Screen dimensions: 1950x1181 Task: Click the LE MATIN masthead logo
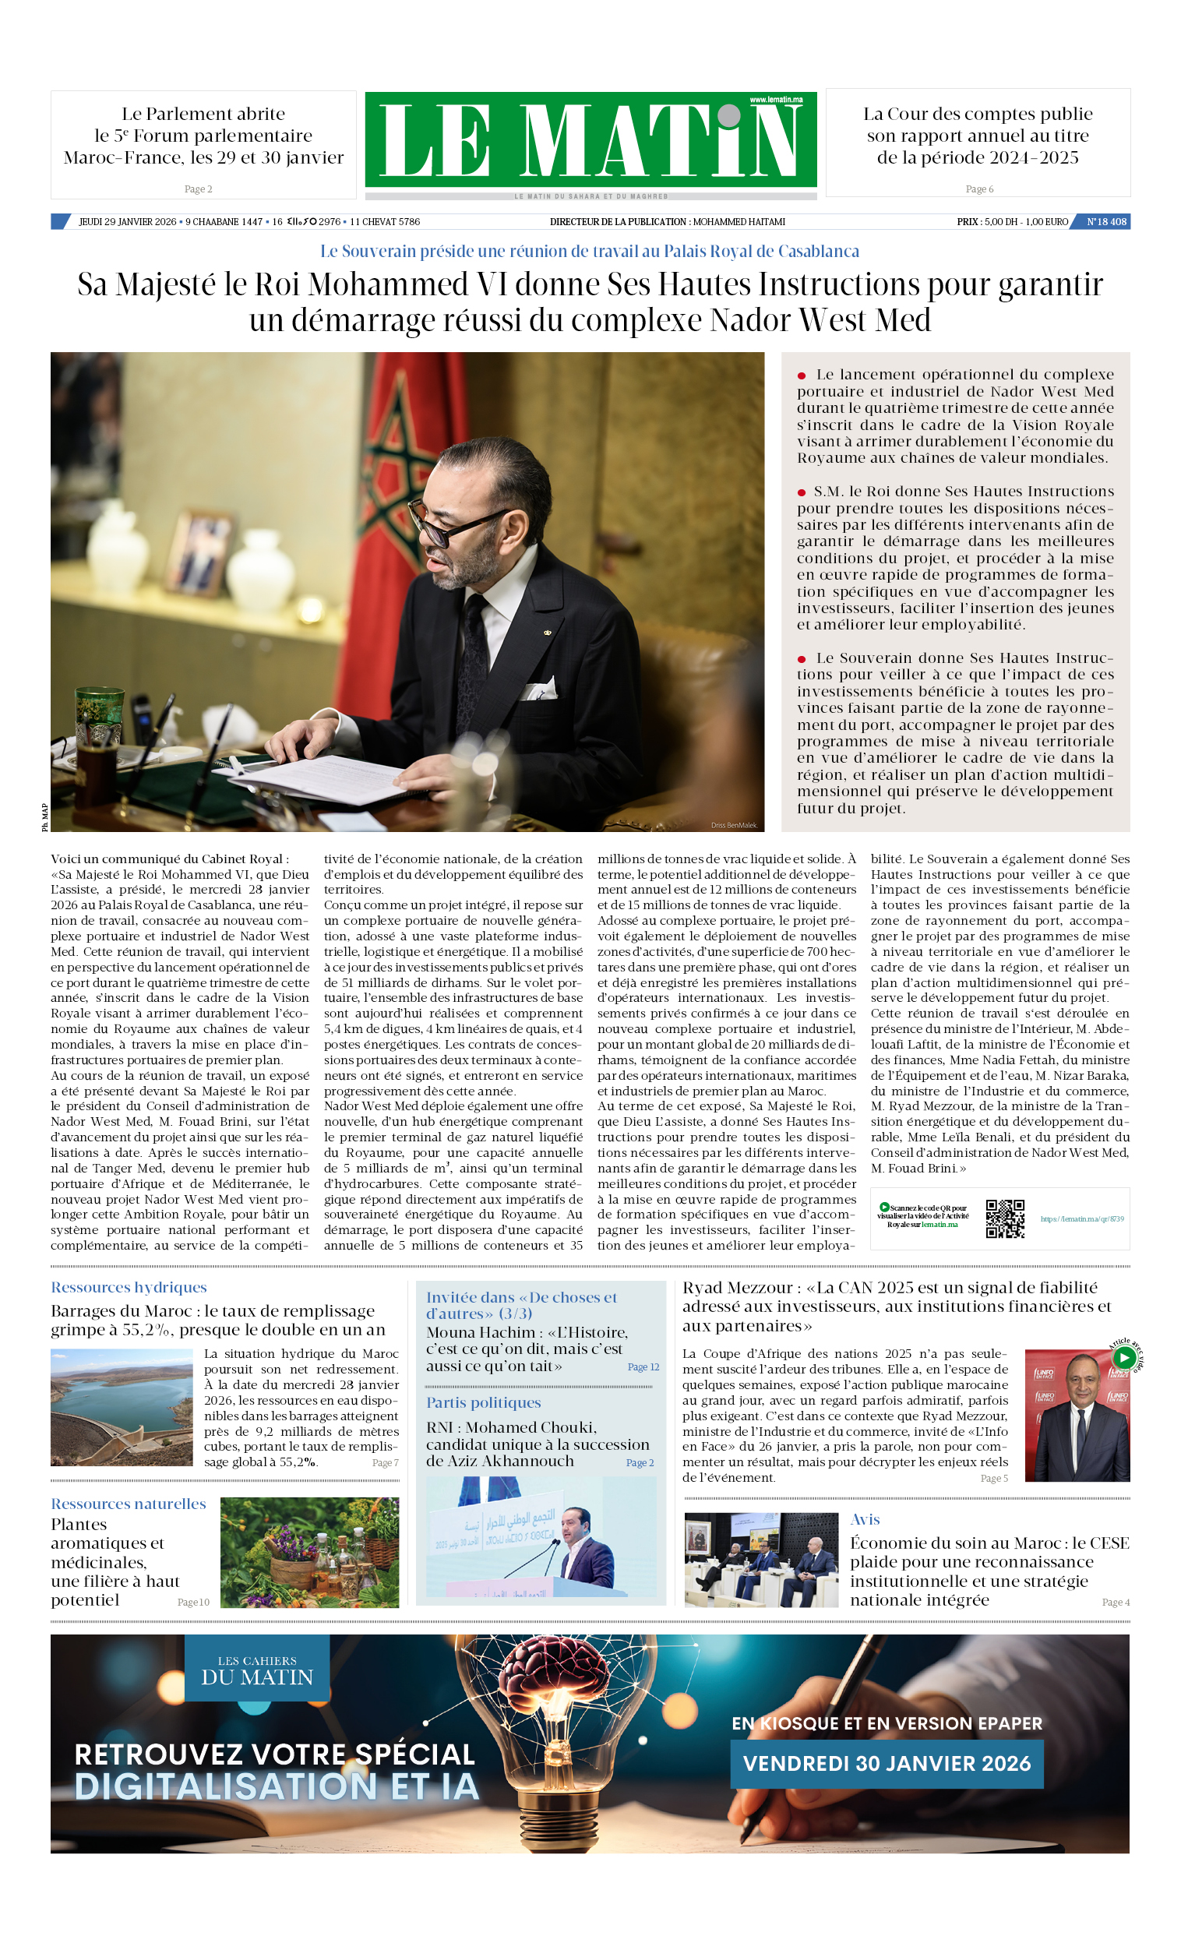click(x=590, y=140)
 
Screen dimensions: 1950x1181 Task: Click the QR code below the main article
click(x=1004, y=1218)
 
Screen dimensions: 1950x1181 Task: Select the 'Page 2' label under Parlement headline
click(x=198, y=189)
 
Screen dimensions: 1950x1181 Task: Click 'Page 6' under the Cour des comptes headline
click(x=979, y=189)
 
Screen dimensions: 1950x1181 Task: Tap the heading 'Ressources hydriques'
click(x=129, y=1288)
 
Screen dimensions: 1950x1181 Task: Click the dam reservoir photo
click(x=121, y=1408)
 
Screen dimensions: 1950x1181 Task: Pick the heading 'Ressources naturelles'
click(x=129, y=1504)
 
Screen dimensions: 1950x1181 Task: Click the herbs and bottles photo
click(x=309, y=1553)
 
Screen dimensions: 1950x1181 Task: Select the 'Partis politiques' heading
click(x=483, y=1402)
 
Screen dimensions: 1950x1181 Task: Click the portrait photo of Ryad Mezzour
click(x=1077, y=1416)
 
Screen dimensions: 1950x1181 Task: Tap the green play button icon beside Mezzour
click(x=1123, y=1358)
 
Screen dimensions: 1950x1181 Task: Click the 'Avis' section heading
click(x=865, y=1519)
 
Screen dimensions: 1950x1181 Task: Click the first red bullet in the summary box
click(x=802, y=376)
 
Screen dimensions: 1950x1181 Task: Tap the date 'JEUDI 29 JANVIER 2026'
click(x=128, y=221)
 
